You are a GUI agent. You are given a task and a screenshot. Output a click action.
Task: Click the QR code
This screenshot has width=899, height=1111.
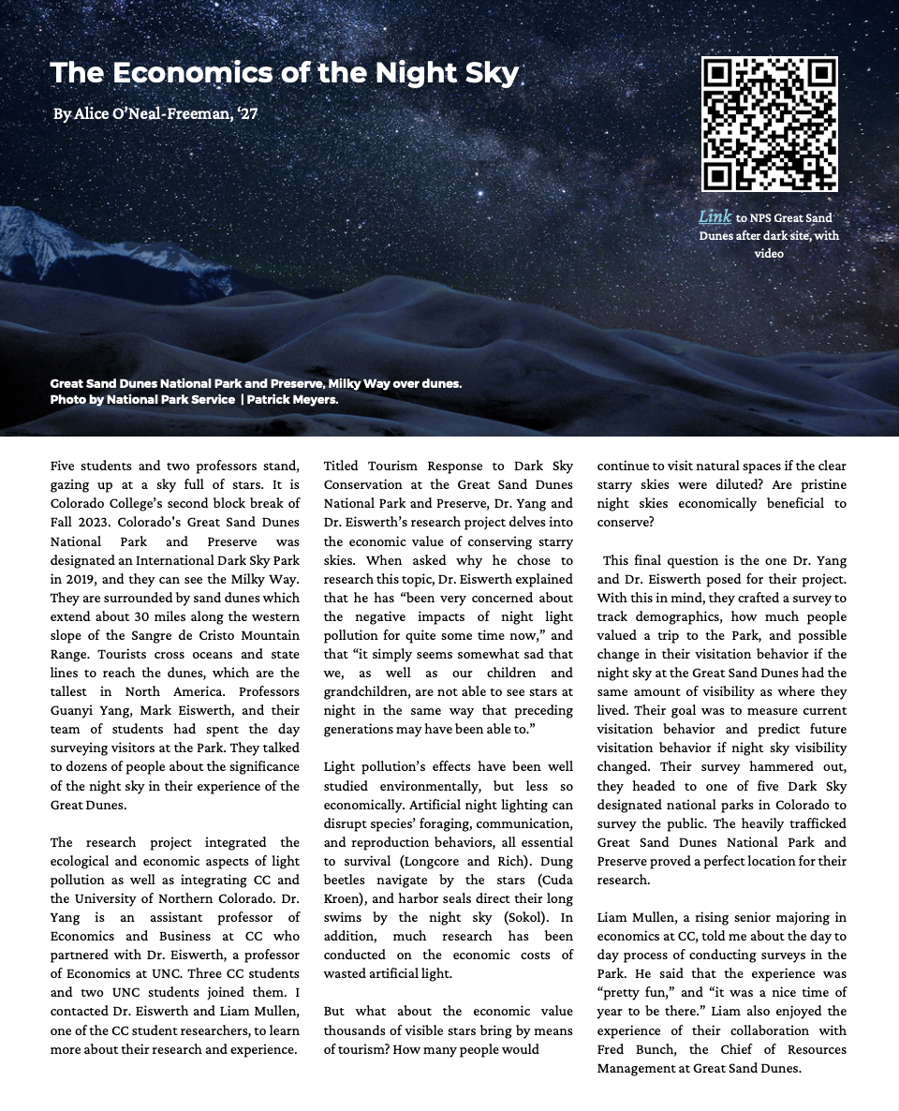coord(769,124)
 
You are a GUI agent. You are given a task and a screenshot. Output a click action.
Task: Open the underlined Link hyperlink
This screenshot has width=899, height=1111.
coord(715,217)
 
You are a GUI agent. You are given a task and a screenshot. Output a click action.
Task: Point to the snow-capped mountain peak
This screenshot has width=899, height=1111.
coord(37,228)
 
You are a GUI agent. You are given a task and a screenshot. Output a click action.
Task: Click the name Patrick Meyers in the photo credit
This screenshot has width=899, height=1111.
coord(292,399)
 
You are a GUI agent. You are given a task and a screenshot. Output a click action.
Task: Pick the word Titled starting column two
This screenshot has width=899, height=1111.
coord(343,466)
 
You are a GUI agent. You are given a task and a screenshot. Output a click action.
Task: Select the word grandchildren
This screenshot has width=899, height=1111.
coord(366,691)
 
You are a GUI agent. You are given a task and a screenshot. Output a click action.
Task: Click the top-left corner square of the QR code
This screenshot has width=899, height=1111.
coord(716,72)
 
